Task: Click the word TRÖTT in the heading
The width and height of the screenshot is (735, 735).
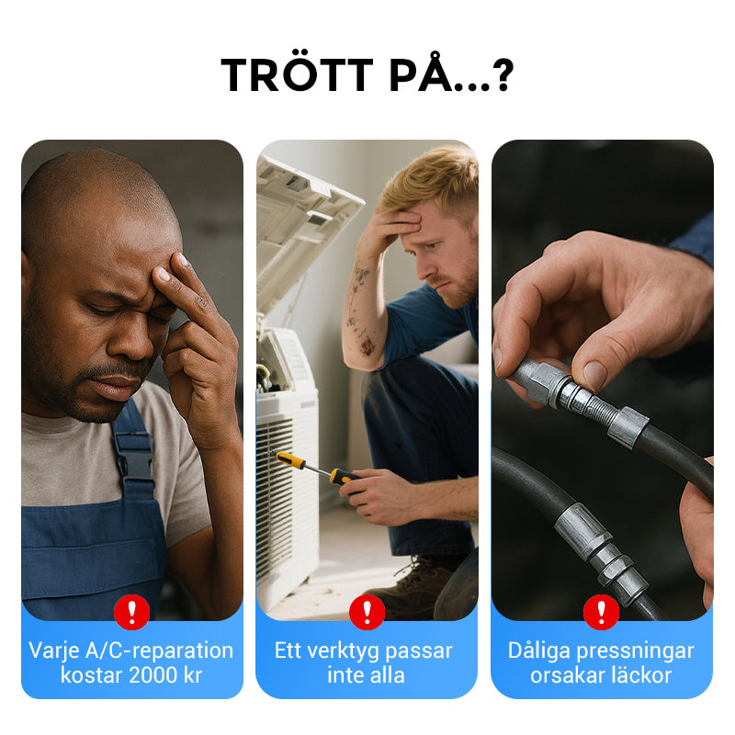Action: click(x=297, y=74)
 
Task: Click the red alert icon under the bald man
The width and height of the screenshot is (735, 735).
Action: click(x=131, y=612)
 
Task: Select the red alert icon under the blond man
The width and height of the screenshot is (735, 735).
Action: click(x=367, y=612)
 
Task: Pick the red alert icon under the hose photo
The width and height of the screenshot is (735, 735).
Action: click(x=602, y=612)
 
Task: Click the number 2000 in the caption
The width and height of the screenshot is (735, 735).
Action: click(x=153, y=675)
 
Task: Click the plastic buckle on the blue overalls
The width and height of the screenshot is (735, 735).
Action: click(x=133, y=457)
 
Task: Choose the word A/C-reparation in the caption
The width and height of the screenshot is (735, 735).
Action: click(x=159, y=651)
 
